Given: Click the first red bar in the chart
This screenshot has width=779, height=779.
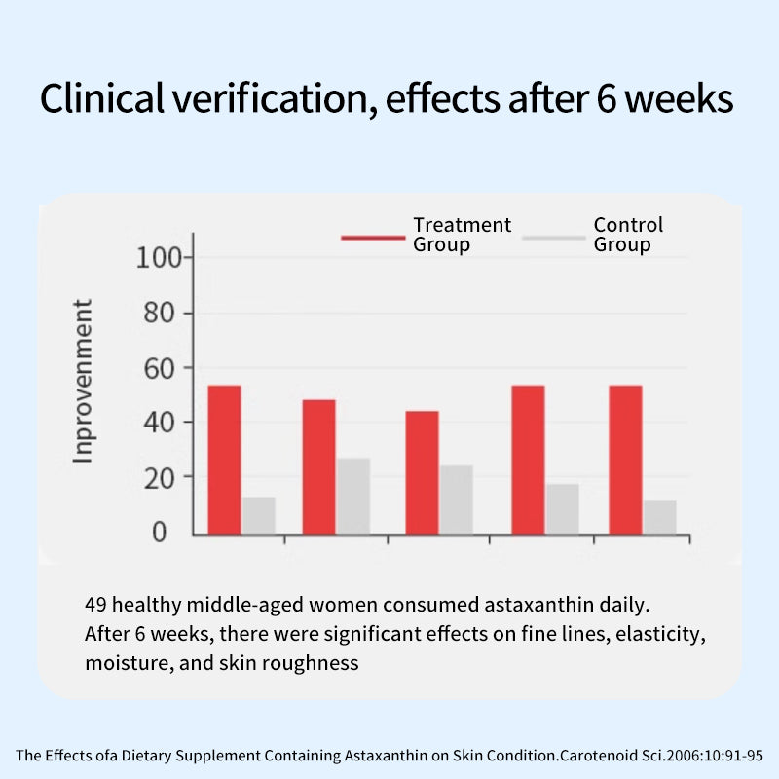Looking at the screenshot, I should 224,459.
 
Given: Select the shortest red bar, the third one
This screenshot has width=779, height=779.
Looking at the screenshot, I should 422,472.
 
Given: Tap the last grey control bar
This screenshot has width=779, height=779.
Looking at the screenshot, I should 659,516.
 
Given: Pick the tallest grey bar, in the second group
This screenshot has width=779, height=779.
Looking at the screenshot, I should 353,496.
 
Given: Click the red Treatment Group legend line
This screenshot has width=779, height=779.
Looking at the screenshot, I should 373,237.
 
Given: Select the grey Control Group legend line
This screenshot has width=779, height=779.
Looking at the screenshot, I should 553,237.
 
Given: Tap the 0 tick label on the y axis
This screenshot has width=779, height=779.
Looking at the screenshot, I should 160,533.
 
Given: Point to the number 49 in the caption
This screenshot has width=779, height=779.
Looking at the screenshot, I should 96,605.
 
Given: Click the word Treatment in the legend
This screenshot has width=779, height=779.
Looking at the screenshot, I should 462,225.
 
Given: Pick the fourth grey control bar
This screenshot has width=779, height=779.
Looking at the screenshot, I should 562,508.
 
